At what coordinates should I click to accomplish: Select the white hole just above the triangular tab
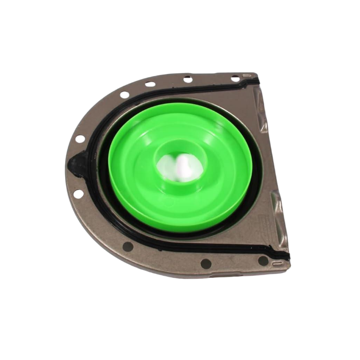click(x=80, y=139)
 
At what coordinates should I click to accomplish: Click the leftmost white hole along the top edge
click(x=125, y=95)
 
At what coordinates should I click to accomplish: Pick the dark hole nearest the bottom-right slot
click(x=263, y=260)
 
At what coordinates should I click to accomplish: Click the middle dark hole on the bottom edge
click(x=206, y=263)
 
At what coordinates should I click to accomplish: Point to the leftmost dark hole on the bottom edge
click(x=128, y=246)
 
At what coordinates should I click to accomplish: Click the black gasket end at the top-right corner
click(x=253, y=83)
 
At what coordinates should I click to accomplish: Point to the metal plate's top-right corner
click(x=256, y=74)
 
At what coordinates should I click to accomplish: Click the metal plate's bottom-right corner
click(x=288, y=268)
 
